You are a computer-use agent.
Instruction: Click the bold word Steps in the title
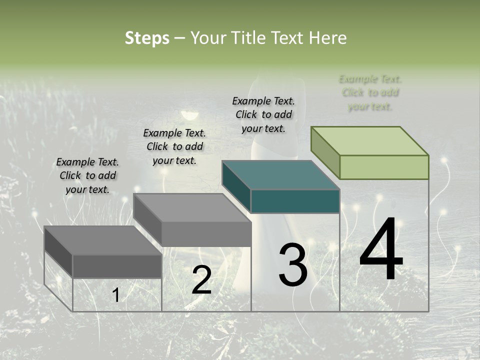click(x=146, y=38)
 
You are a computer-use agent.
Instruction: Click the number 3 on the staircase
click(x=292, y=265)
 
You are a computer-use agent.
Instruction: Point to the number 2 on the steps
click(x=201, y=280)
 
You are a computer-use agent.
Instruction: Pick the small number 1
click(x=115, y=295)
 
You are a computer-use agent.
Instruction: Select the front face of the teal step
click(x=295, y=201)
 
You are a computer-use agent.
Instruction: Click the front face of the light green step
click(x=384, y=167)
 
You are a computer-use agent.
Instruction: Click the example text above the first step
click(x=87, y=176)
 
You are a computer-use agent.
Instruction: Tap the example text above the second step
click(x=174, y=146)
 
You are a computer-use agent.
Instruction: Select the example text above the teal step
click(x=263, y=114)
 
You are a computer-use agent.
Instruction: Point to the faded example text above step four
click(x=370, y=92)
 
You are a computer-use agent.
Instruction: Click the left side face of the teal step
click(x=236, y=186)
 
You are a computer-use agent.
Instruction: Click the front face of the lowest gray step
click(x=117, y=266)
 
